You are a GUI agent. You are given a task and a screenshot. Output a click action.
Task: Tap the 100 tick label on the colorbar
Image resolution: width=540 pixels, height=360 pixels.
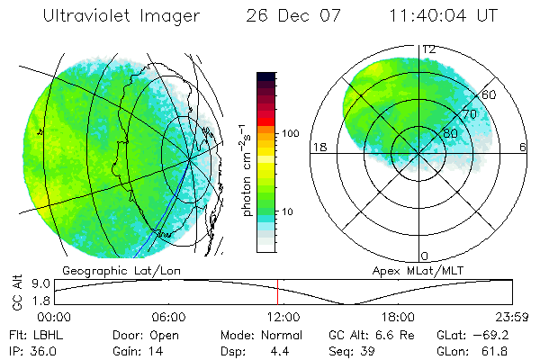[x=291, y=133]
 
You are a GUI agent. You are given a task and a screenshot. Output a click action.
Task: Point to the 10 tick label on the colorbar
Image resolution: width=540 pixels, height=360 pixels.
[x=288, y=212]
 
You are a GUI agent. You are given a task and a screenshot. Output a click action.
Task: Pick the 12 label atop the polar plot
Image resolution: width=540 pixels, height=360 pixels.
[x=429, y=49]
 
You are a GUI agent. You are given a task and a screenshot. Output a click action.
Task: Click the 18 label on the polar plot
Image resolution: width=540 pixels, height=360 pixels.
[x=317, y=147]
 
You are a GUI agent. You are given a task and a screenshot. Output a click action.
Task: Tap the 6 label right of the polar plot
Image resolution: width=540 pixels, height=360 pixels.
[x=523, y=147]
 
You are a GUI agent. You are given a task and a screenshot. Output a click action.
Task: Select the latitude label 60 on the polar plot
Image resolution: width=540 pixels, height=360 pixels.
[x=490, y=94]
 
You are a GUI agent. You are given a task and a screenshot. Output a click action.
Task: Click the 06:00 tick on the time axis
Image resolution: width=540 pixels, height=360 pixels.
[x=168, y=317]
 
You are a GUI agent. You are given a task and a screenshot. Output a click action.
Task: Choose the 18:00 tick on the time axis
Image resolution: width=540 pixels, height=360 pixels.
[x=398, y=317]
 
